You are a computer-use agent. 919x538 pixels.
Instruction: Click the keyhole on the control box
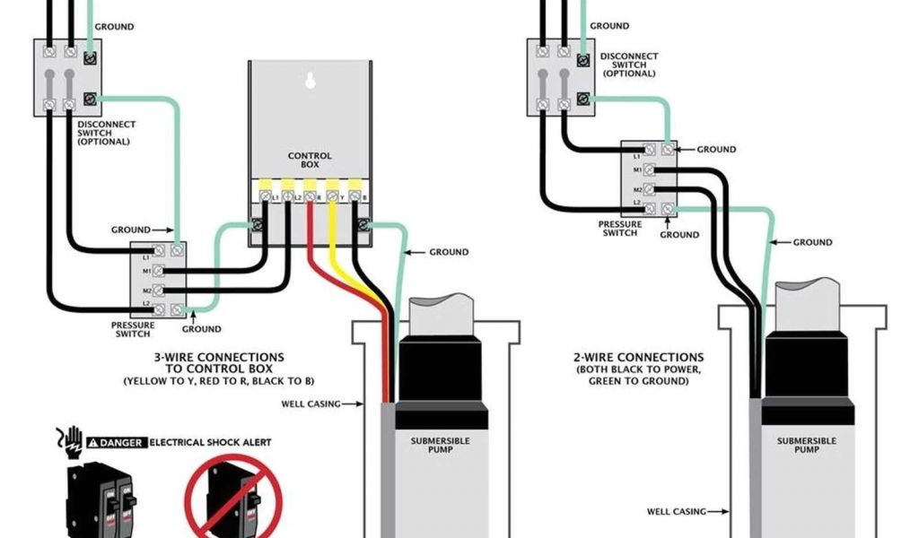coord(311,81)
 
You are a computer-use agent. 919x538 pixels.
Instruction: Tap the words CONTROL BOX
coord(310,161)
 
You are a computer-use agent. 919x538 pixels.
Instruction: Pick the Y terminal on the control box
coord(332,194)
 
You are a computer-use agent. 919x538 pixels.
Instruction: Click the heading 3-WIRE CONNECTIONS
coord(219,357)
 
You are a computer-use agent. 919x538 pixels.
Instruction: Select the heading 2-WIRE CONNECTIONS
coord(639,357)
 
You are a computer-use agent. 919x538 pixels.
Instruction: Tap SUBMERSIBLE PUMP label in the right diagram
coord(806,445)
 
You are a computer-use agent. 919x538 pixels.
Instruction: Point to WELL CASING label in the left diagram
coord(311,404)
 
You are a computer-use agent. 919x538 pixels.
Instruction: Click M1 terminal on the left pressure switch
coord(159,269)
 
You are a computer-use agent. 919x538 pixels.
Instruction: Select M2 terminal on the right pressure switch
coord(648,190)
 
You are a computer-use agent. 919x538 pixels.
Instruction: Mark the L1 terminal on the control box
coord(265,194)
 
